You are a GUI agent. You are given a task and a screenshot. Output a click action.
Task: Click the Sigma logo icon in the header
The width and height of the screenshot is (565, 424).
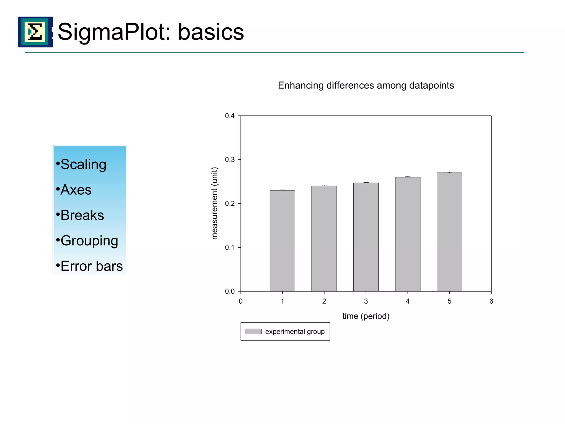35,32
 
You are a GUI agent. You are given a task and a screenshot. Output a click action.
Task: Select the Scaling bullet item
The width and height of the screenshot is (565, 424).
83,165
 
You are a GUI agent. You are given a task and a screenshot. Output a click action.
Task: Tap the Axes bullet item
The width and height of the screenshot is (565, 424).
76,190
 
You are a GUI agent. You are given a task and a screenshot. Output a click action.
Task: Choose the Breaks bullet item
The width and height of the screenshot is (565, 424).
82,215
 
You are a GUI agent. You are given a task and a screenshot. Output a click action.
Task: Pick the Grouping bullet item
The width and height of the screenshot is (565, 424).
89,241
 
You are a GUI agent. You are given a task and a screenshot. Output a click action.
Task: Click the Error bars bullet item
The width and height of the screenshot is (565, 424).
91,266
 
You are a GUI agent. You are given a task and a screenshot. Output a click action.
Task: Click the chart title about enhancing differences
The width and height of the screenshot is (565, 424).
366,86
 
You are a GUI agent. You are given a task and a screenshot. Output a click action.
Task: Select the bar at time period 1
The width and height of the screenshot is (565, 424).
282,240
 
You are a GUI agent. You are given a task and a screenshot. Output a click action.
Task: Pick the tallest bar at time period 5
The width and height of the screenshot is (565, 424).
449,232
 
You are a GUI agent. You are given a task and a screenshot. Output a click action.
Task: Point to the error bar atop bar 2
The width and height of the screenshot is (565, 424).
324,185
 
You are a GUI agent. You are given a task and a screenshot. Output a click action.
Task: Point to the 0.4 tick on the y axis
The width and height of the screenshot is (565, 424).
230,116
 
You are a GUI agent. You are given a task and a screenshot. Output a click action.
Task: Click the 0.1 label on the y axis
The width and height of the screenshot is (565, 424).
230,248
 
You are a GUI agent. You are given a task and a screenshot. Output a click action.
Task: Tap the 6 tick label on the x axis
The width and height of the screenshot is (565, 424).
491,301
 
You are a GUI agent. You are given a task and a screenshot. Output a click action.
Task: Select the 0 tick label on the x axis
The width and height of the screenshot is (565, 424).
241,301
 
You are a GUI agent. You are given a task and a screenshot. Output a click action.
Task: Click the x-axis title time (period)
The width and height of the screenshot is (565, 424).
366,316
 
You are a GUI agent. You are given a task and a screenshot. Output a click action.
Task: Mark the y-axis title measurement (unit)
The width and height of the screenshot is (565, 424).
215,203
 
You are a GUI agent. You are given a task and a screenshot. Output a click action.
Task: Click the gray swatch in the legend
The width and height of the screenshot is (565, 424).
253,332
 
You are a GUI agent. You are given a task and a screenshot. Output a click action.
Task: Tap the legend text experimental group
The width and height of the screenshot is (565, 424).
295,332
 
